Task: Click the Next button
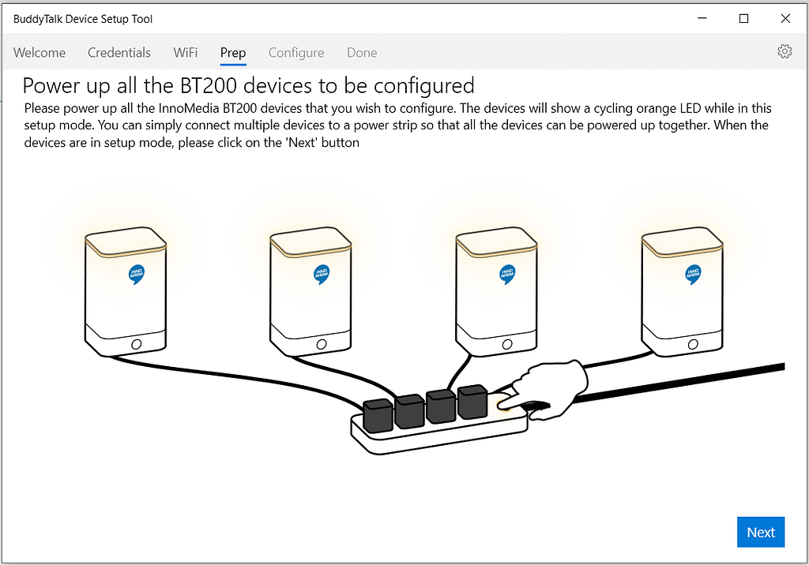pyautogui.click(x=761, y=532)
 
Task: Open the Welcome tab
pyautogui.click(x=40, y=53)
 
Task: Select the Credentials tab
pyautogui.click(x=119, y=53)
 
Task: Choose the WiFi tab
pyautogui.click(x=186, y=53)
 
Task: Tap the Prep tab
pyautogui.click(x=233, y=53)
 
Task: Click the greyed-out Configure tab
pyautogui.click(x=296, y=53)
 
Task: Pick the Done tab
pyautogui.click(x=362, y=53)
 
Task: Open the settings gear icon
pyautogui.click(x=785, y=51)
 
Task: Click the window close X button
pyautogui.click(x=785, y=18)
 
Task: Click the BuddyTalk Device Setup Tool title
pyautogui.click(x=83, y=18)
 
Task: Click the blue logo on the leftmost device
pyautogui.click(x=136, y=273)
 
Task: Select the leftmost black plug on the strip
pyautogui.click(x=377, y=415)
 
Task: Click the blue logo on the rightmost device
pyautogui.click(x=693, y=273)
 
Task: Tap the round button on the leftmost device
pyautogui.click(x=136, y=344)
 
